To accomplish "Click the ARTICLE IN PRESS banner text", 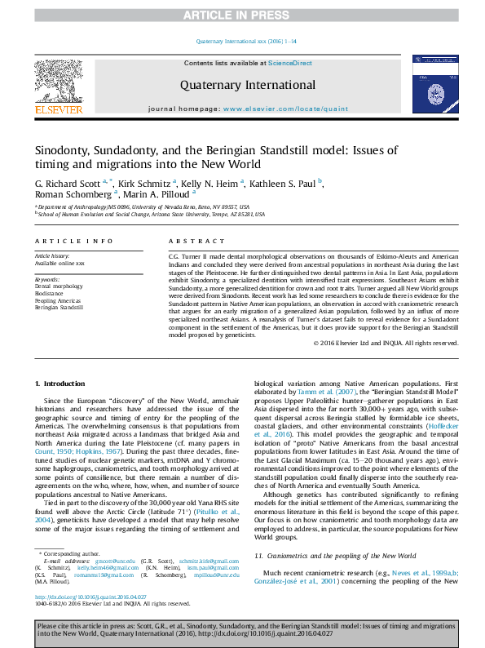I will (242, 16).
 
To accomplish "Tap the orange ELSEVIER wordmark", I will (58, 109).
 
